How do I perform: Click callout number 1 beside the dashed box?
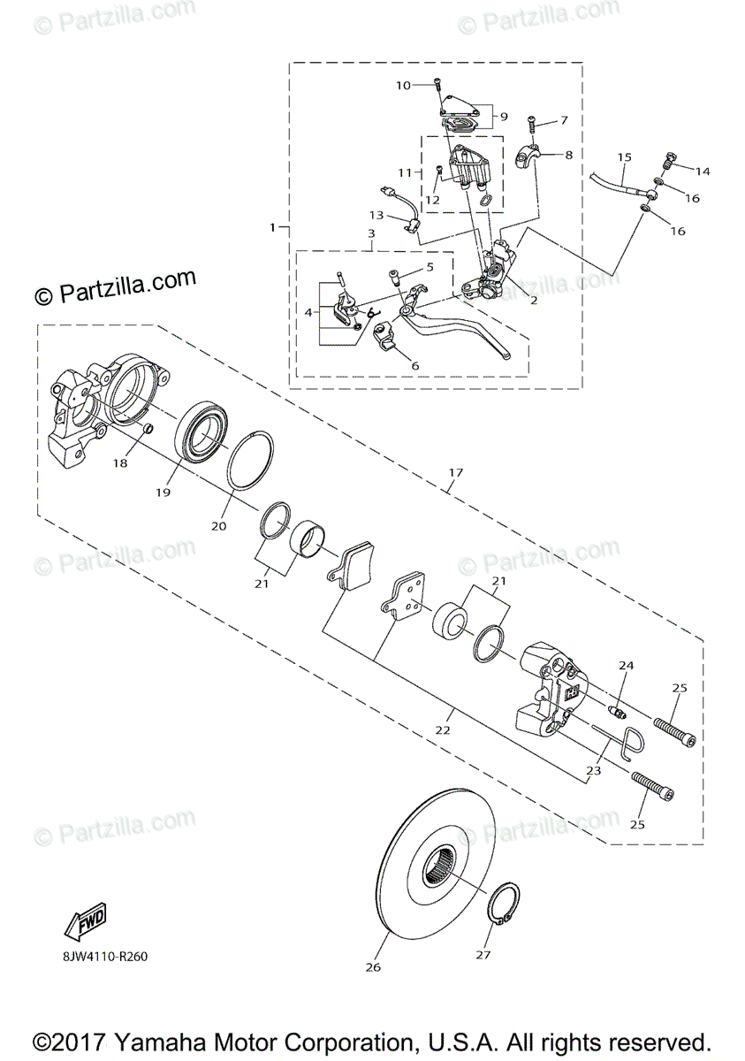pyautogui.click(x=274, y=228)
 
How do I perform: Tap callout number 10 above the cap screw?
pyautogui.click(x=403, y=86)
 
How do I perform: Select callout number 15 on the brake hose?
pyautogui.click(x=624, y=157)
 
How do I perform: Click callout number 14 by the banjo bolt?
pyautogui.click(x=703, y=171)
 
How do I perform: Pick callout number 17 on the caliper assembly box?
pyautogui.click(x=455, y=473)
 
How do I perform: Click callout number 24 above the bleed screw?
pyautogui.click(x=627, y=665)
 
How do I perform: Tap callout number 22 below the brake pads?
pyautogui.click(x=443, y=730)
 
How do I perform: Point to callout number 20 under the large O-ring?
pyautogui.click(x=219, y=525)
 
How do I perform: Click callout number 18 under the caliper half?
pyautogui.click(x=119, y=463)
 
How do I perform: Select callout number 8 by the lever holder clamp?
pyautogui.click(x=568, y=155)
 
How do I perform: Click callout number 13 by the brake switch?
pyautogui.click(x=376, y=216)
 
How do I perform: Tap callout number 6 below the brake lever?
pyautogui.click(x=415, y=365)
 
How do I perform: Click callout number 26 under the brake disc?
pyautogui.click(x=372, y=967)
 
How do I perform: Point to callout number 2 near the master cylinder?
pyautogui.click(x=533, y=301)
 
